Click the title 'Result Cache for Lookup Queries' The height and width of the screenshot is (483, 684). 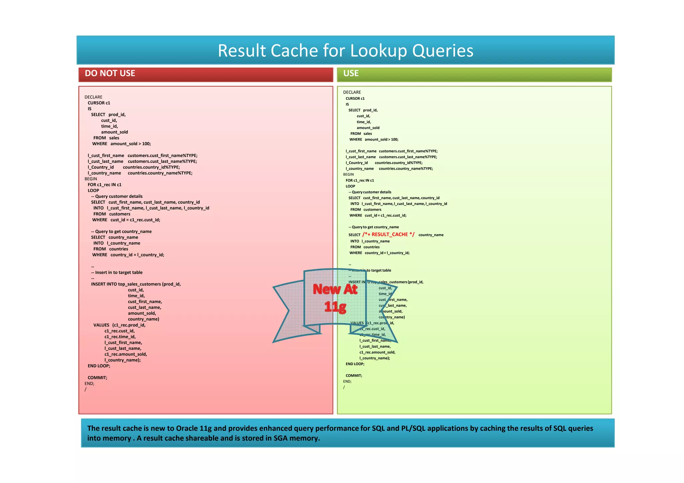point(345,50)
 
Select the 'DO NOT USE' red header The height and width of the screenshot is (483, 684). point(110,73)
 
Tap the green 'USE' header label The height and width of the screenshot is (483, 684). point(351,73)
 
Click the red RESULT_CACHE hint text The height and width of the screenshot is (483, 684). point(388,235)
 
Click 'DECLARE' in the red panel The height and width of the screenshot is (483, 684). point(94,97)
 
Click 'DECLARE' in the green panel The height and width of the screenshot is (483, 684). point(352,92)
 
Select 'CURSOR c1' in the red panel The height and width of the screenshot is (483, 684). point(99,103)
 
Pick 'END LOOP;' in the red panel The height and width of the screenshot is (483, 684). point(99,366)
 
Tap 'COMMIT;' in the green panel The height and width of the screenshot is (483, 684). point(354,376)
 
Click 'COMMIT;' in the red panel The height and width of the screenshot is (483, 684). point(98,378)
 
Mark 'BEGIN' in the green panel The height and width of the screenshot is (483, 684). point(348,174)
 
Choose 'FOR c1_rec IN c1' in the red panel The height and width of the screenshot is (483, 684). point(105,185)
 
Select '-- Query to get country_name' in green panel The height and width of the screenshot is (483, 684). point(374,227)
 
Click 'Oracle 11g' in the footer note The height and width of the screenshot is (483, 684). point(194,428)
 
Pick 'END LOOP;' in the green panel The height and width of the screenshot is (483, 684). point(355,364)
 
